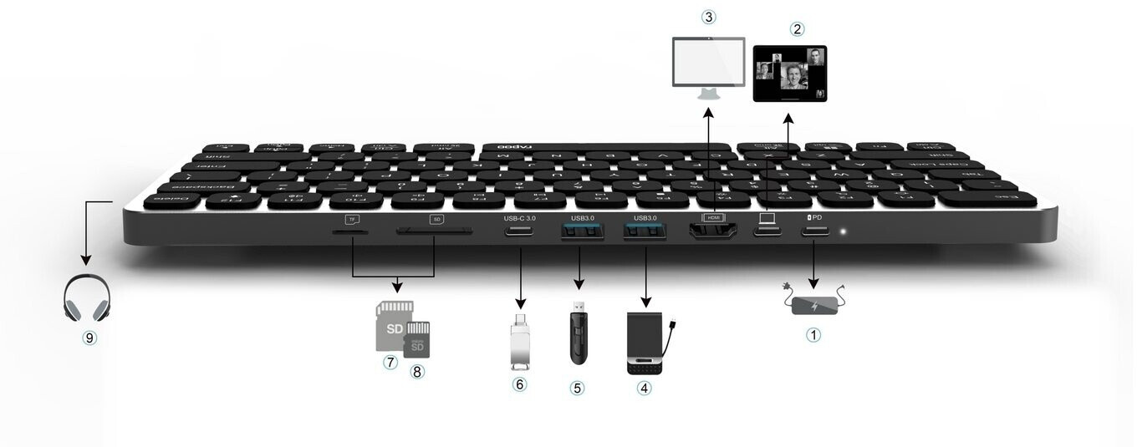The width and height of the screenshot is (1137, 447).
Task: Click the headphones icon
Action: pyautogui.click(x=86, y=297)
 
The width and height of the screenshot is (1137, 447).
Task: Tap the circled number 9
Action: pyautogui.click(x=89, y=338)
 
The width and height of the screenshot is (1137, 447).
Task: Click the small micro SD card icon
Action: pyautogui.click(x=416, y=338)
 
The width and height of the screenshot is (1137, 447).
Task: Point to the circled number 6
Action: pyautogui.click(x=520, y=384)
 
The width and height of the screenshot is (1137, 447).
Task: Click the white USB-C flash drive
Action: pyautogui.click(x=520, y=341)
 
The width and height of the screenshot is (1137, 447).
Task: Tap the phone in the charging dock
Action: pyautogui.click(x=649, y=343)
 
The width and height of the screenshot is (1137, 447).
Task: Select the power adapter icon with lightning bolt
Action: pyautogui.click(x=814, y=302)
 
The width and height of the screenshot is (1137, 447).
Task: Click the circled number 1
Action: pyautogui.click(x=813, y=336)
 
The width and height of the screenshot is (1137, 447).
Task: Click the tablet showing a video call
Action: pyautogui.click(x=790, y=74)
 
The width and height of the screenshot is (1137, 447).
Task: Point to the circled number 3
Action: pyautogui.click(x=709, y=17)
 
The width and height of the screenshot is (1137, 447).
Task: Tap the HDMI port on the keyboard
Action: pyautogui.click(x=712, y=230)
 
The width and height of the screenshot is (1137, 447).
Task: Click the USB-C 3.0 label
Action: pyautogui.click(x=520, y=218)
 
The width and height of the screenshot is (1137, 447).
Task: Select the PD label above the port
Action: pyautogui.click(x=814, y=217)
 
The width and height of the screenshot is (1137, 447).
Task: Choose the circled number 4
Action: pyautogui.click(x=644, y=388)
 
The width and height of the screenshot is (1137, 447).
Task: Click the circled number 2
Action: pyautogui.click(x=797, y=28)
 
